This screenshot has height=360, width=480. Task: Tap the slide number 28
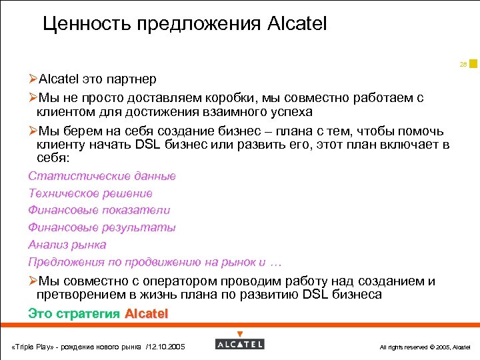(463, 65)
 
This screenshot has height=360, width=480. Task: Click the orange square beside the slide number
(473, 63)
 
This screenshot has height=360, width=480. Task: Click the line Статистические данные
(102, 176)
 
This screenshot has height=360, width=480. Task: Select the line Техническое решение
(90, 193)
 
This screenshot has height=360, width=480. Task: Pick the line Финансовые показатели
(99, 210)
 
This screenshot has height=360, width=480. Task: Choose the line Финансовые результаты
(102, 227)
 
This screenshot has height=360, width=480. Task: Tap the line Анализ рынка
(67, 245)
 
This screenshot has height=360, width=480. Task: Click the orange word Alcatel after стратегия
(147, 313)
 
